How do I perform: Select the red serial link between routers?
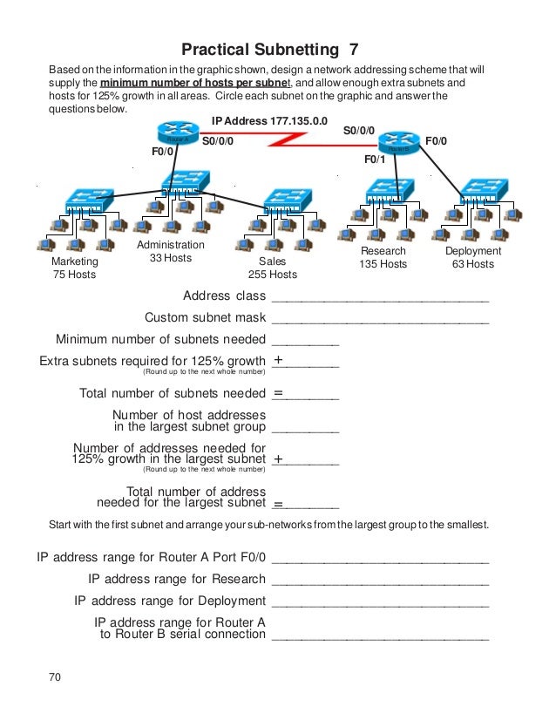[288, 139]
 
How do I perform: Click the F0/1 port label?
[375, 160]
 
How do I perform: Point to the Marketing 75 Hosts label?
[75, 268]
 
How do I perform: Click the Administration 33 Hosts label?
[171, 251]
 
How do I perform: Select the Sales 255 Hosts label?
[272, 268]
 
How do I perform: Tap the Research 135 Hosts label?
[383, 257]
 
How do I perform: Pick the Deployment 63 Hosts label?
[473, 257]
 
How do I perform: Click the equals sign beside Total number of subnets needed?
[278, 394]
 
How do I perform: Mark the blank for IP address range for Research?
[380, 581]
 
